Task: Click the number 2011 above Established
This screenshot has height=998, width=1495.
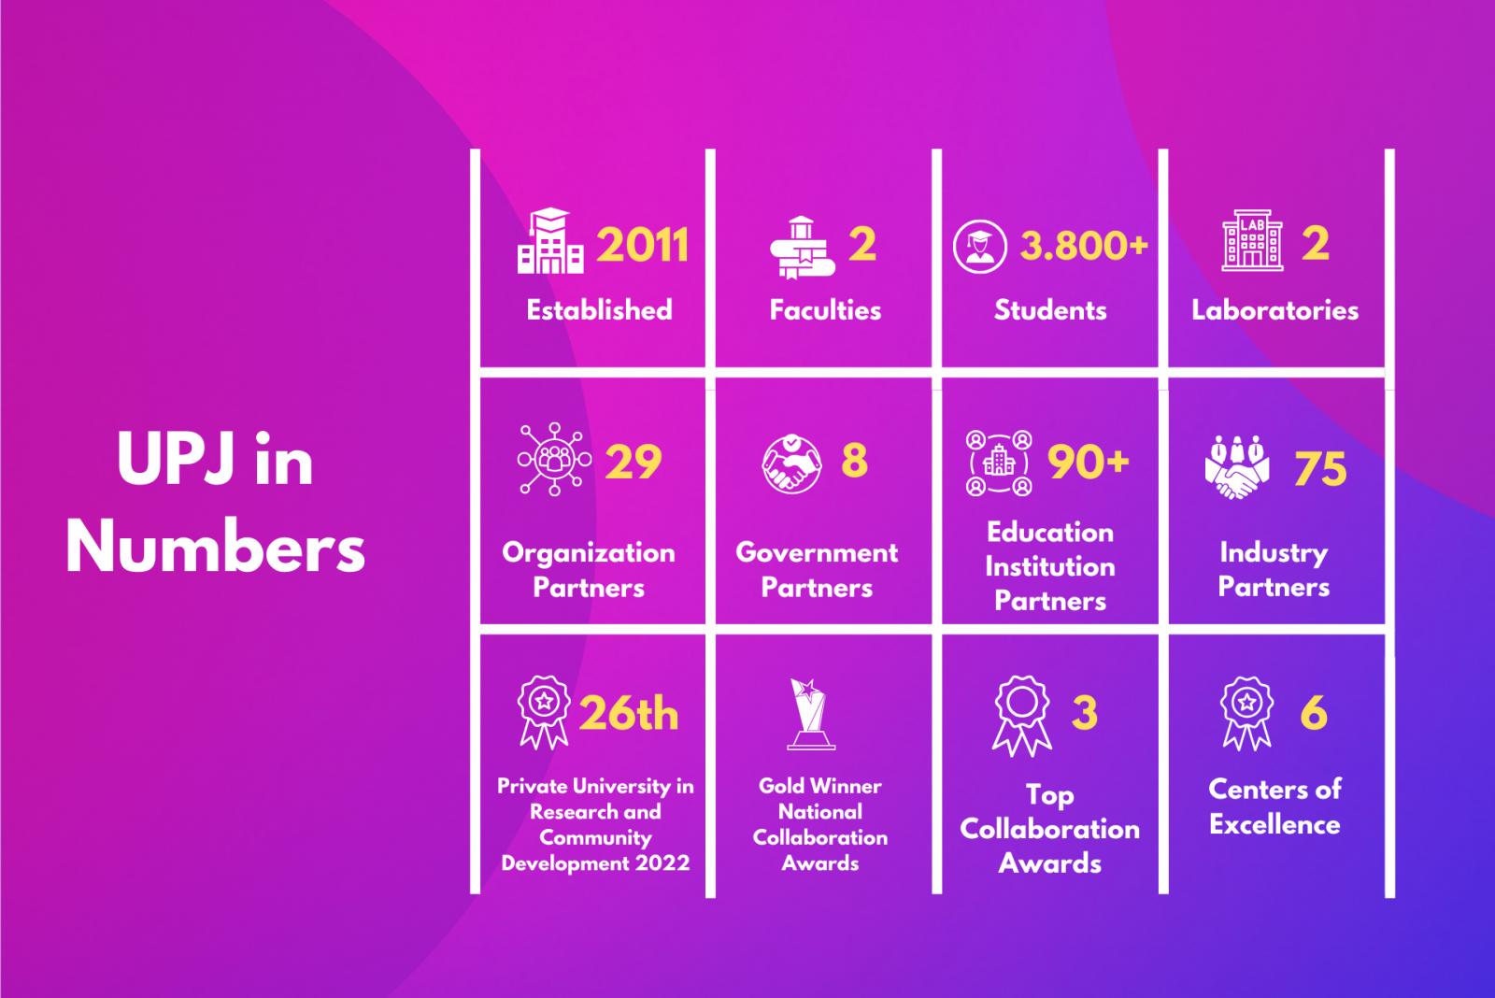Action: click(x=642, y=245)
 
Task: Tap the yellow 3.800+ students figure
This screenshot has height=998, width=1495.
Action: click(x=1084, y=245)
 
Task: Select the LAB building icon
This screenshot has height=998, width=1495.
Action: click(x=1252, y=240)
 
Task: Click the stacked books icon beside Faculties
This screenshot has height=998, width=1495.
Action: click(x=803, y=247)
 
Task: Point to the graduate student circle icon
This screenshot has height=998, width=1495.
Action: click(x=980, y=247)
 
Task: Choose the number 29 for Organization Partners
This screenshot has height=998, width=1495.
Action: click(x=634, y=462)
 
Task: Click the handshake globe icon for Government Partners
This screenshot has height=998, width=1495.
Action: click(x=791, y=463)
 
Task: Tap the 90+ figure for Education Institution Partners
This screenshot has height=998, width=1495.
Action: click(x=1088, y=462)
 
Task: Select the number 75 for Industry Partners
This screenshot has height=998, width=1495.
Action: click(x=1320, y=468)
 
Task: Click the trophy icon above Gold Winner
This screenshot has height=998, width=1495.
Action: click(x=811, y=714)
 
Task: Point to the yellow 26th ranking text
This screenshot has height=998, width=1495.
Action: click(x=628, y=714)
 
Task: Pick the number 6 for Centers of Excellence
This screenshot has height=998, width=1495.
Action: click(x=1314, y=713)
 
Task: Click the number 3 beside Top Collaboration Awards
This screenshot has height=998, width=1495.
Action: click(x=1085, y=713)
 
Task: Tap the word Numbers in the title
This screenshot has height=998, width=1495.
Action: click(x=215, y=547)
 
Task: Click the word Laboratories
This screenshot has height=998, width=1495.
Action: click(x=1274, y=310)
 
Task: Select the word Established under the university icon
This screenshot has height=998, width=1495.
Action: click(x=599, y=310)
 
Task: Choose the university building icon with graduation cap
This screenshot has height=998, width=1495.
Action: click(x=550, y=240)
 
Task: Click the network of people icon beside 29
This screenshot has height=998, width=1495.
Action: click(x=554, y=459)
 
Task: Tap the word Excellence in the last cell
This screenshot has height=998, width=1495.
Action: click(x=1274, y=825)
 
